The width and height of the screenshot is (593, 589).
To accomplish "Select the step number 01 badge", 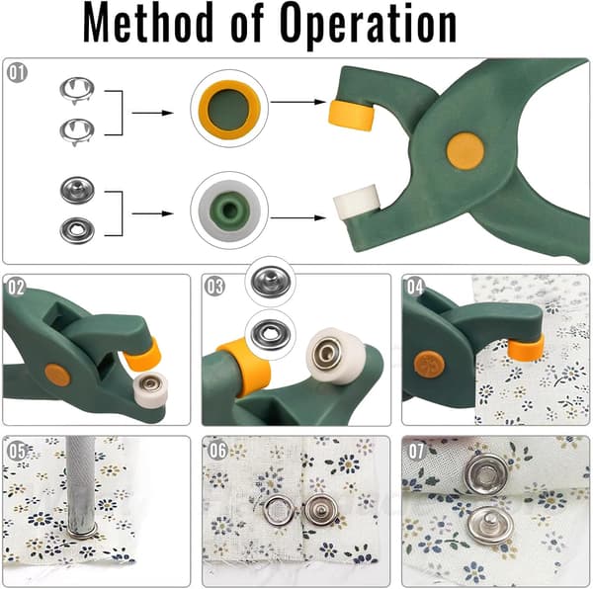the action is pos(17,72).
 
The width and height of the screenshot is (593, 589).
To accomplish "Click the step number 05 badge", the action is pos(17,451).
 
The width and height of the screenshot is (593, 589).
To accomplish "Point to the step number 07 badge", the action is pos(416,451).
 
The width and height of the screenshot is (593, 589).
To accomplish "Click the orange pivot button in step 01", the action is pos(466,151).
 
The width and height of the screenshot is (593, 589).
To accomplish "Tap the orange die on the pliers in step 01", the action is pos(351,115).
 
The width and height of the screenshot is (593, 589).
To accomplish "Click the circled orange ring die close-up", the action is pos(229,109).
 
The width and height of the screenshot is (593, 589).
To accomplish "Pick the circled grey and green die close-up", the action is pos(229,210).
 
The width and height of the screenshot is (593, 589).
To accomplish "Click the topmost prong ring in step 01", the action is pos(77,90).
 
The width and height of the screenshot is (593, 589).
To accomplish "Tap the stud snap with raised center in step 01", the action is pos(77,190).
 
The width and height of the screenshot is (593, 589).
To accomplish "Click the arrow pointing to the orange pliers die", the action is pos(298,102).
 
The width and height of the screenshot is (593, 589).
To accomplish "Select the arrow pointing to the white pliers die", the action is pos(298,217).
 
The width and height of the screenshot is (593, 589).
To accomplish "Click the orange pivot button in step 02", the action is pos(57,375).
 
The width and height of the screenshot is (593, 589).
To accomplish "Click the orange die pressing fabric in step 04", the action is pos(527,347).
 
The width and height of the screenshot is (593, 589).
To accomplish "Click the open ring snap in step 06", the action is pos(279,510).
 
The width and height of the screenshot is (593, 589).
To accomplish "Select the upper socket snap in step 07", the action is pos(486,474).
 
